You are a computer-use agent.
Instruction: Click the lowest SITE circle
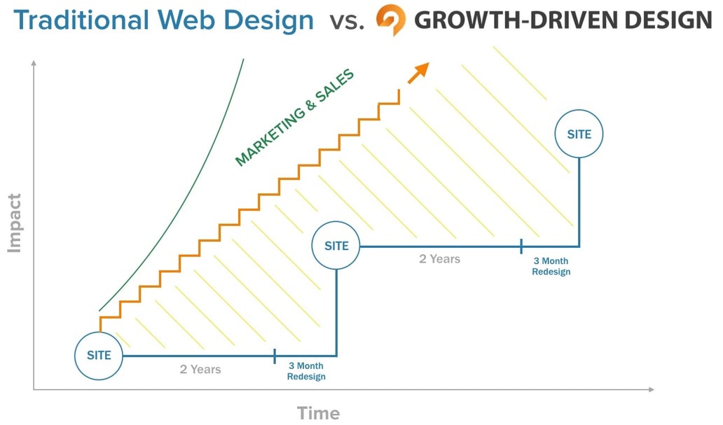99,356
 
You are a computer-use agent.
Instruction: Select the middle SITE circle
336,246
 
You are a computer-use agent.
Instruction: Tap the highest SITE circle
579,134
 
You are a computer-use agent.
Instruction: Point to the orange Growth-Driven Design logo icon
390,20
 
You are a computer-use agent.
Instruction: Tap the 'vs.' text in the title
347,22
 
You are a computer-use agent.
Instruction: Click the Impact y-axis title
15,223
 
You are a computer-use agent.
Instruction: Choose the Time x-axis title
318,412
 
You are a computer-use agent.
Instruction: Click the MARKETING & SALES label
294,118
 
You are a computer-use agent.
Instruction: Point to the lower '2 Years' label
200,369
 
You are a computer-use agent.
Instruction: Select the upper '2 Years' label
439,259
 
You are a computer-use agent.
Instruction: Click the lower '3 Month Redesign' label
306,371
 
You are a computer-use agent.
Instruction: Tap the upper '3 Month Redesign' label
551,266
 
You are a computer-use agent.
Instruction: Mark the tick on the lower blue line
275,356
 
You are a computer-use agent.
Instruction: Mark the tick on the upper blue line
521,246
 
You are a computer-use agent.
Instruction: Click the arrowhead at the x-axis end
651,389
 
